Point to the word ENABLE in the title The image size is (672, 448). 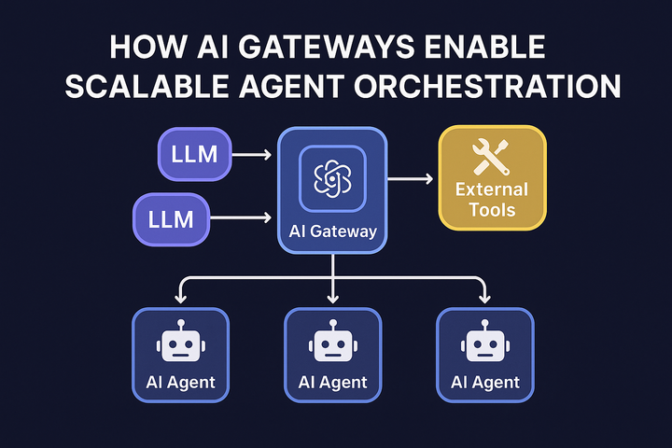pyautogui.click(x=496, y=49)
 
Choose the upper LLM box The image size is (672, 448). pyautogui.click(x=194, y=154)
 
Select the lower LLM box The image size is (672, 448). pyautogui.click(x=172, y=219)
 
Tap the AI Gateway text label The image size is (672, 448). pyautogui.click(x=333, y=231)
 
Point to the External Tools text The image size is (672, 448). pyautogui.click(x=491, y=199)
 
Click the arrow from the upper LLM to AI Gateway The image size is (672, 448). pyautogui.click(x=254, y=155)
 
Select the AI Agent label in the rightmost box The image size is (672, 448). pyautogui.click(x=485, y=382)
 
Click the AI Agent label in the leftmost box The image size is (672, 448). pyautogui.click(x=180, y=382)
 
